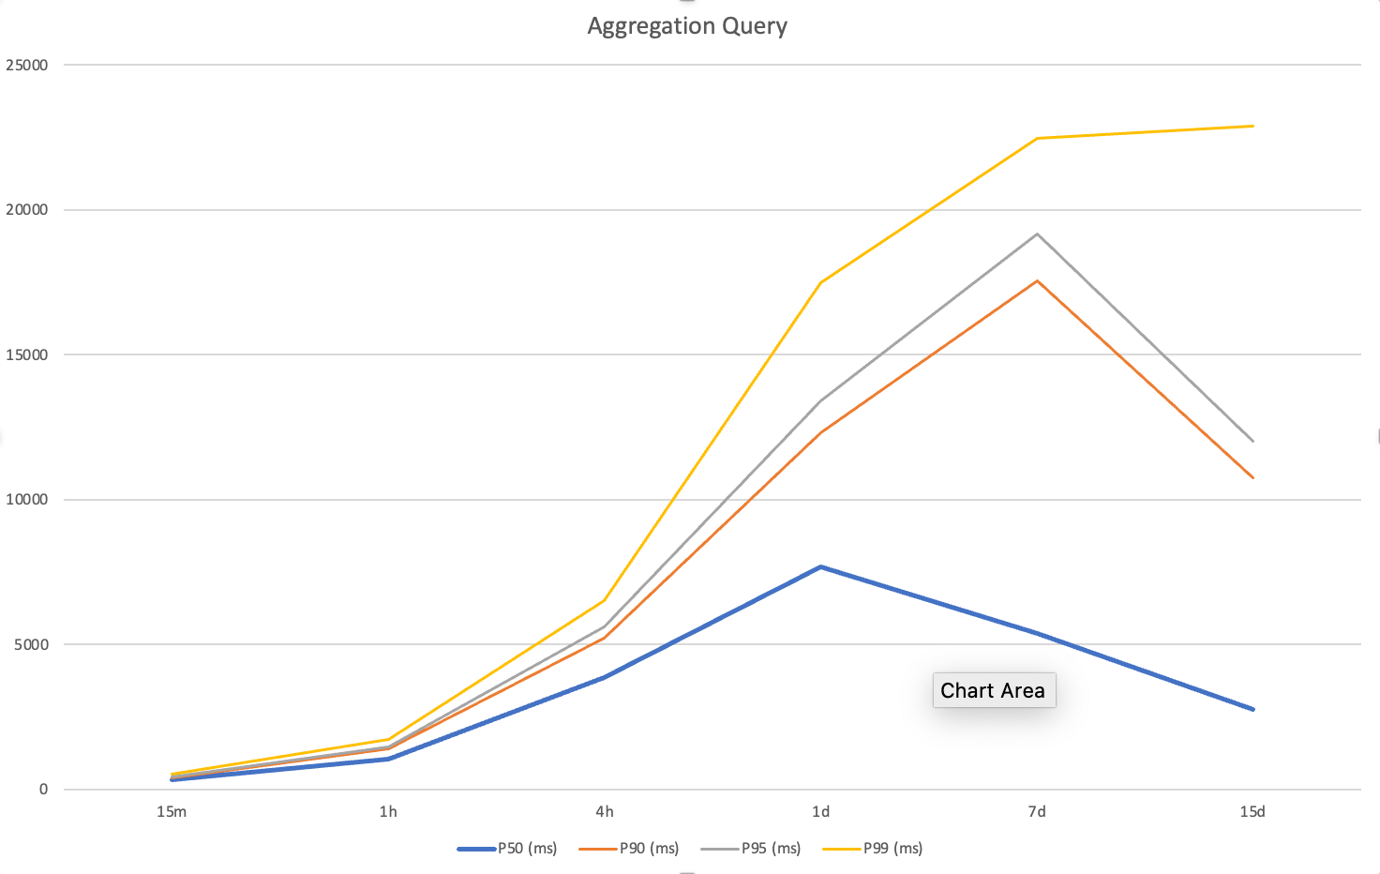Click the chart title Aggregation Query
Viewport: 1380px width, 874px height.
click(x=687, y=26)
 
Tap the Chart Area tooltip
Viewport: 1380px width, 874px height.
click(x=993, y=690)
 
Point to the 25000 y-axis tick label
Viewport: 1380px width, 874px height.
click(x=26, y=65)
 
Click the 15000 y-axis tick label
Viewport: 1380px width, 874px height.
click(x=26, y=354)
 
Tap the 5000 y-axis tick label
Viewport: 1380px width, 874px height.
click(x=30, y=644)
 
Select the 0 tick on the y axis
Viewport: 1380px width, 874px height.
click(x=43, y=790)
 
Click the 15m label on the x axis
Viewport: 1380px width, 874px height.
click(x=172, y=812)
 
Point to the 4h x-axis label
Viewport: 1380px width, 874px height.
click(x=605, y=812)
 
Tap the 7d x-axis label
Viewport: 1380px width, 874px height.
click(x=1037, y=812)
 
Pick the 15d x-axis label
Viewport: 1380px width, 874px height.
click(x=1252, y=812)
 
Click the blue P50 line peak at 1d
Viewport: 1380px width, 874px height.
click(x=820, y=566)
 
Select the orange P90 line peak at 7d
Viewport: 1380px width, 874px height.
click(x=1037, y=280)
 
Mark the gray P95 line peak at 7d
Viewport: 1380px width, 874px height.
click(x=1037, y=234)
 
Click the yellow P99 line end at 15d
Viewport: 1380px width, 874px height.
click(x=1252, y=126)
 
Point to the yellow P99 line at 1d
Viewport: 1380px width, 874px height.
click(x=820, y=282)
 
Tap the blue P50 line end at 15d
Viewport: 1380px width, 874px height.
click(x=1252, y=709)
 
